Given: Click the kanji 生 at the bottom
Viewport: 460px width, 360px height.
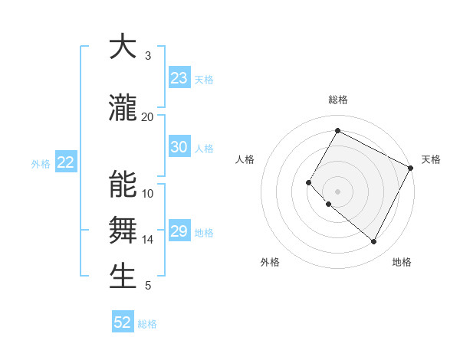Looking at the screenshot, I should point(123,276).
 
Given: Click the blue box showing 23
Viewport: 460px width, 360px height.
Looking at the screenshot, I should point(179,78).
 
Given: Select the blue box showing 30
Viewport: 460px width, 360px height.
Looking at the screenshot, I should point(179,147).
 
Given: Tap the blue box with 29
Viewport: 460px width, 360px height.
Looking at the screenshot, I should point(179,231).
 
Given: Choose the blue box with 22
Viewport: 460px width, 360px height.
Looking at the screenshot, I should point(66,162).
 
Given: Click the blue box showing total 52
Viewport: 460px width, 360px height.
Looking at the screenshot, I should point(123,322).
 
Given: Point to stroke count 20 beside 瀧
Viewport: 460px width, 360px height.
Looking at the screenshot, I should point(147,116).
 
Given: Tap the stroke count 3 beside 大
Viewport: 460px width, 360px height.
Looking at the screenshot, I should point(147,56).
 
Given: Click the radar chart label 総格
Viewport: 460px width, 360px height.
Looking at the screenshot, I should point(337,100).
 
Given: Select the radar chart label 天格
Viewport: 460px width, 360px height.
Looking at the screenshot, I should point(431,159).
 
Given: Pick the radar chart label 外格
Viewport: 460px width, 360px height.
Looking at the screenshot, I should point(270,262).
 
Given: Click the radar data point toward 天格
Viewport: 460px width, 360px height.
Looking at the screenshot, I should point(411,168).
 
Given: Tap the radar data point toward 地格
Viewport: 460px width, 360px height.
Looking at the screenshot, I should point(373,242).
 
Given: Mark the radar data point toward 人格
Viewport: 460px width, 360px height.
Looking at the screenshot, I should point(309,182).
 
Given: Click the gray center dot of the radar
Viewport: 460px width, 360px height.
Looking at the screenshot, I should point(337,191).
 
